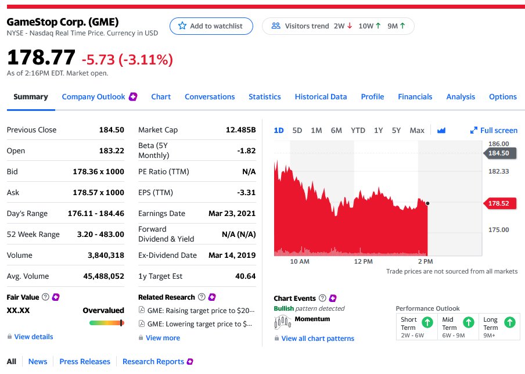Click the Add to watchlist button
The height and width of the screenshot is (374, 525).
(x=211, y=26)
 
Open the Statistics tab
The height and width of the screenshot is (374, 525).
(x=264, y=97)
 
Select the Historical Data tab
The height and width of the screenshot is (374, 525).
(x=321, y=97)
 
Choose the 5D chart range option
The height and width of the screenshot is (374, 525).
(x=297, y=130)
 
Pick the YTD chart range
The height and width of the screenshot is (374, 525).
(x=358, y=130)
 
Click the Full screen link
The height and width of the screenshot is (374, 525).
(x=494, y=130)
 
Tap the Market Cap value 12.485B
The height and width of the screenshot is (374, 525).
(x=241, y=130)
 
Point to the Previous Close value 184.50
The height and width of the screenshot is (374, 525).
(x=112, y=130)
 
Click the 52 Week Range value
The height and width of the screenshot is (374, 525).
(x=100, y=235)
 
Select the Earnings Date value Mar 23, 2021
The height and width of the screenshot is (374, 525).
(x=232, y=213)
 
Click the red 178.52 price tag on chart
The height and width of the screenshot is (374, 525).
(x=499, y=203)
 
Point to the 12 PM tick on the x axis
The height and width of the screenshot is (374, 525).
(x=364, y=261)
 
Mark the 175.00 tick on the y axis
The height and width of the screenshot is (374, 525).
(x=498, y=230)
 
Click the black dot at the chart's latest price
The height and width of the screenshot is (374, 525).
(x=427, y=203)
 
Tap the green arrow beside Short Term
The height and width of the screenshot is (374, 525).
(x=427, y=322)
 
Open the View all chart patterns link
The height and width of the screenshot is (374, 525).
(x=318, y=339)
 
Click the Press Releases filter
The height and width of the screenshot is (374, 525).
(x=85, y=362)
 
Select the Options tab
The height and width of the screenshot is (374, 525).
(x=502, y=97)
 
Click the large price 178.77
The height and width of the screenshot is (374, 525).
(x=41, y=57)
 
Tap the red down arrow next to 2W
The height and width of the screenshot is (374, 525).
(x=350, y=26)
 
